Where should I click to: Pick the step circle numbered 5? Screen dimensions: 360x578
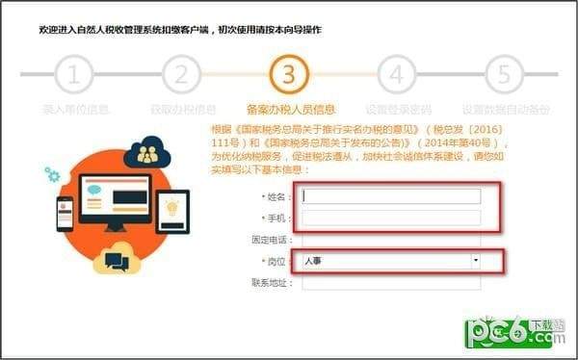502,74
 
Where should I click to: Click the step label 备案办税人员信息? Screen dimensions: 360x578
290,109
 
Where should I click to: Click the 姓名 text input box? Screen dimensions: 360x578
391,196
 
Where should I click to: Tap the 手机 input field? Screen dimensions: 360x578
391,218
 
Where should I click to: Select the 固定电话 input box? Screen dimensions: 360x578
391,239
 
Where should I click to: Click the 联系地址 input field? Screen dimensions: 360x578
391,283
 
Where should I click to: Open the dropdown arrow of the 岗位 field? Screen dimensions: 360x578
475,261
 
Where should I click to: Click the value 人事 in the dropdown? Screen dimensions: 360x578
314,261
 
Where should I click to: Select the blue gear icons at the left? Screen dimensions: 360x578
52,175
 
